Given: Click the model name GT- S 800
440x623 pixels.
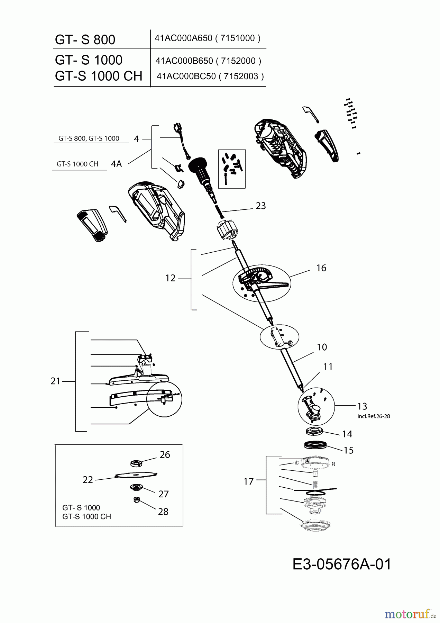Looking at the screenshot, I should click(x=85, y=39).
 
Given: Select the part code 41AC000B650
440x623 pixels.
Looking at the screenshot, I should click(x=184, y=61).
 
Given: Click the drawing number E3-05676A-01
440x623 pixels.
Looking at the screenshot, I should click(x=342, y=564).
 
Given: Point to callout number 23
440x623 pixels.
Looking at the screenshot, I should click(x=261, y=206).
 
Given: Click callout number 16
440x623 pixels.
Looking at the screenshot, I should click(x=321, y=268).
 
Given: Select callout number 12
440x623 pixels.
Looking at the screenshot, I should click(x=171, y=278).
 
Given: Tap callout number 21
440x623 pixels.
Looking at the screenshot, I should click(x=55, y=381).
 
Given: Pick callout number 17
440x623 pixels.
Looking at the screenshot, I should click(x=248, y=481).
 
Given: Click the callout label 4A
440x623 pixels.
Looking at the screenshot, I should click(x=117, y=164).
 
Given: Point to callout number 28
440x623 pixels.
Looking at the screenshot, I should click(x=163, y=512).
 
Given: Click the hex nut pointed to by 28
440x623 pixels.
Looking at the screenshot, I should click(x=136, y=499).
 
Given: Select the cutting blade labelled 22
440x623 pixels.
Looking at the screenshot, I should click(x=136, y=475).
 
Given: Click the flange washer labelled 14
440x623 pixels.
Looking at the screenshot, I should click(x=314, y=432).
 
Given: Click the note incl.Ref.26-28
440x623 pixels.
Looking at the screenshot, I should click(x=374, y=416).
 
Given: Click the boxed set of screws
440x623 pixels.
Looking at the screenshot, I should click(x=232, y=169).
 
